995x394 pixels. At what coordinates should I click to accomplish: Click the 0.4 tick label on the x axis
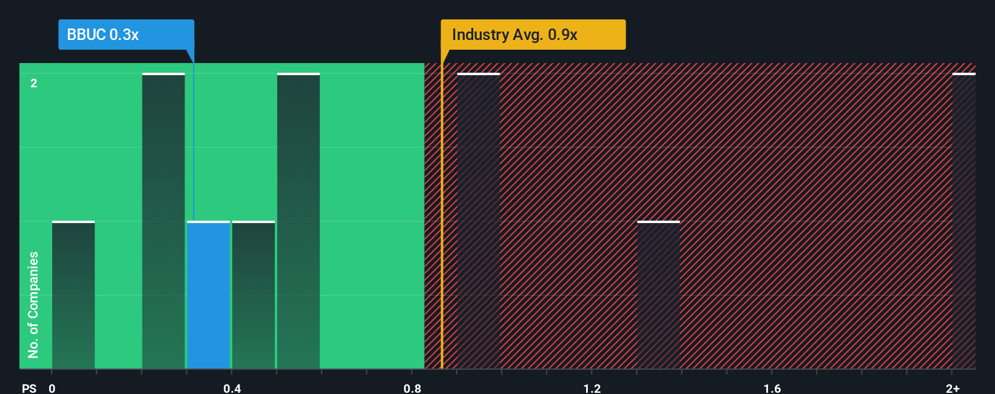(232, 388)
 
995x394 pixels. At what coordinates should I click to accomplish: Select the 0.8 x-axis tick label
(412, 388)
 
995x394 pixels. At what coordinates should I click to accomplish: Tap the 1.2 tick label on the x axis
(592, 388)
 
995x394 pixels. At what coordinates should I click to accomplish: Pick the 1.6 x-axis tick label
(772, 388)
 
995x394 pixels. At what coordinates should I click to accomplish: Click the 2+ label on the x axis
(953, 388)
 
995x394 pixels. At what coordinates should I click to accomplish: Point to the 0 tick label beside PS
(52, 388)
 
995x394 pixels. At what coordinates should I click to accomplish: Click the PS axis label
(29, 388)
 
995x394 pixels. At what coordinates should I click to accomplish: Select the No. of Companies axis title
(33, 304)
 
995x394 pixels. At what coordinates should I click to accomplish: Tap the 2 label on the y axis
(34, 83)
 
